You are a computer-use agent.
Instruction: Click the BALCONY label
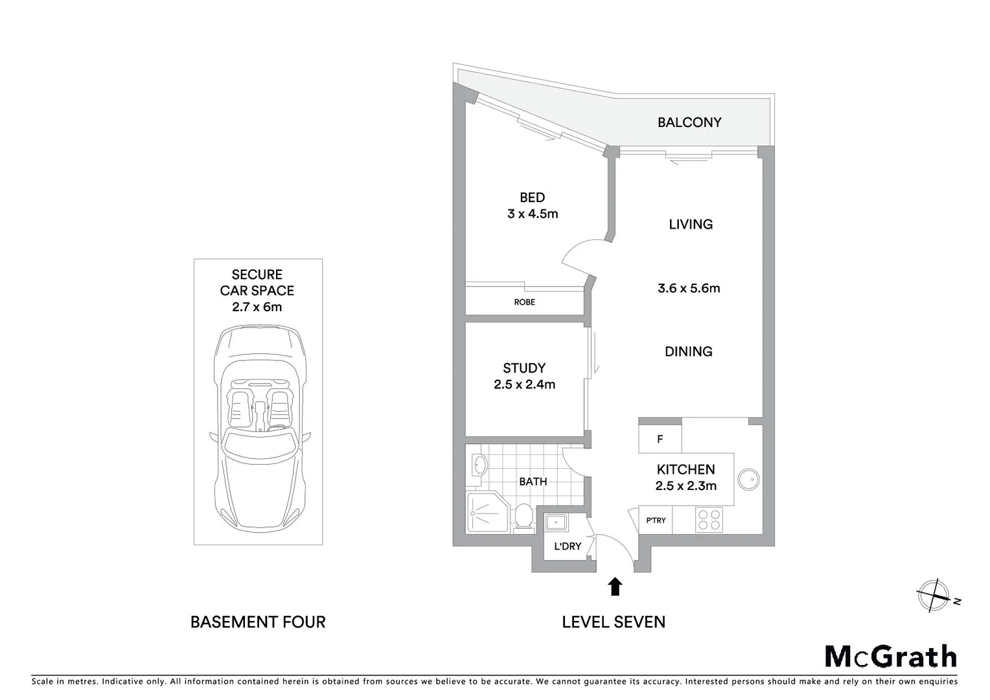pos(689,122)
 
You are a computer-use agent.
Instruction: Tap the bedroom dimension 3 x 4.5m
pos(532,214)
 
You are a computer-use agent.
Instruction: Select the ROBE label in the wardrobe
pos(524,302)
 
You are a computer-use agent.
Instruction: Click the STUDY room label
pos(524,368)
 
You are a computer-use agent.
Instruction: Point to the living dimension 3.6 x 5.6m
pos(689,288)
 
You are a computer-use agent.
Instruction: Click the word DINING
pos(688,351)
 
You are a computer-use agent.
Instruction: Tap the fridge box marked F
pos(660,439)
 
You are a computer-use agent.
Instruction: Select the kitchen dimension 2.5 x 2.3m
pos(685,486)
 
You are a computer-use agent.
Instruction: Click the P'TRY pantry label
pos(656,520)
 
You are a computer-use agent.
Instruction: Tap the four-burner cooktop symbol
pos(708,520)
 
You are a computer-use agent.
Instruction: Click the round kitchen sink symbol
pos(748,480)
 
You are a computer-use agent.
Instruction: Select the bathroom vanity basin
pos(479,465)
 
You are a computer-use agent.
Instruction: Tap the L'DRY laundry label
pos(568,546)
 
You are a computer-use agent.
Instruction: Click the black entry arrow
pos(615,587)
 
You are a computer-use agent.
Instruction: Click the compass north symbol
pos(934,595)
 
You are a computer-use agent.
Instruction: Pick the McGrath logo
pos(890,656)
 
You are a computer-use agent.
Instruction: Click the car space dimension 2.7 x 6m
pos(257,307)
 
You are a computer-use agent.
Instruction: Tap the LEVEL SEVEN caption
pos(613,622)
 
